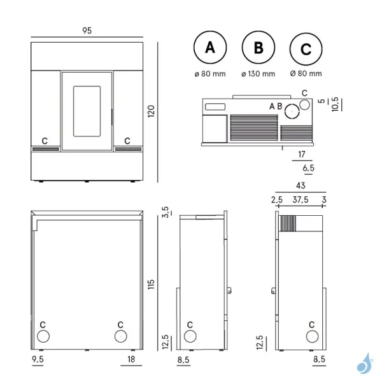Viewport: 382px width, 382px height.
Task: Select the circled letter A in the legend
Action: click(x=209, y=48)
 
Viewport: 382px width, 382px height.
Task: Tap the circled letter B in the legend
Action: click(x=258, y=48)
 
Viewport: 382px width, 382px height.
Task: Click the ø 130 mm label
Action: click(x=259, y=74)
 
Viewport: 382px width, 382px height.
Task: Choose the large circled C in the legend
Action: click(x=305, y=49)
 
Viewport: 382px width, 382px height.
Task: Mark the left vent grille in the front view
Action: click(x=46, y=149)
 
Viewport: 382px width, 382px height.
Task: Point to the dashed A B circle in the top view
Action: click(x=292, y=111)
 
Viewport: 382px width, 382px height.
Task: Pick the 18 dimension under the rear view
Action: click(x=130, y=360)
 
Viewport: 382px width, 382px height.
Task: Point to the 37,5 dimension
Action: click(x=300, y=200)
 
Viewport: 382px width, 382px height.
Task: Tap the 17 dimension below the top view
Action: click(x=302, y=155)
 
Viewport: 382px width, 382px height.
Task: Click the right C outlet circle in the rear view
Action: click(x=119, y=336)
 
